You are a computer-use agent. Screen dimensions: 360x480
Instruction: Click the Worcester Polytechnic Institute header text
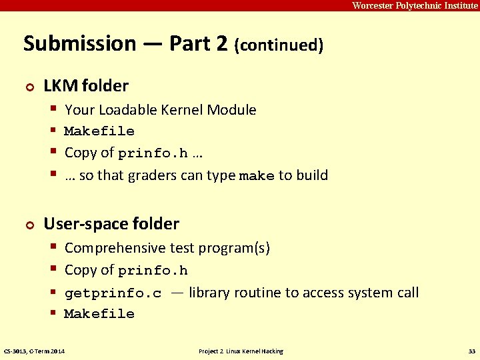coord(415,5)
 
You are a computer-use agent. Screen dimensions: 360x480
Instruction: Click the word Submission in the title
coord(79,44)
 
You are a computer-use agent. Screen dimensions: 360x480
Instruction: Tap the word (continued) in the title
coord(279,45)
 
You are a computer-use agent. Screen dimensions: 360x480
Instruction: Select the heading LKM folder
coord(86,86)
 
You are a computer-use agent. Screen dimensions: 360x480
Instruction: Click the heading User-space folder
coord(111,224)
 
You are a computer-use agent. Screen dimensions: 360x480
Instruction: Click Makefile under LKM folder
coord(99,131)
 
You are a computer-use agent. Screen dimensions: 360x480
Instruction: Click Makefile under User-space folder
coord(99,314)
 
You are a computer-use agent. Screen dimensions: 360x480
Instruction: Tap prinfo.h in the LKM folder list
coord(153,154)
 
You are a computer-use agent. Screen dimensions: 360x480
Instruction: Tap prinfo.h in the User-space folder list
coord(153,271)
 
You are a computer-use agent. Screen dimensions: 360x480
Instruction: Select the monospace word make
coord(257,177)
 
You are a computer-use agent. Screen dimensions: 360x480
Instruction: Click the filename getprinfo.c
coord(113,293)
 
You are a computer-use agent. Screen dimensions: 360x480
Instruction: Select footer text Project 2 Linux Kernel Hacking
coord(241,351)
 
